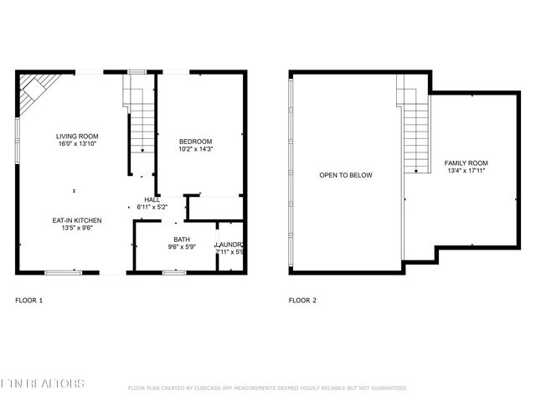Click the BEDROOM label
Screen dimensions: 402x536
[196, 141]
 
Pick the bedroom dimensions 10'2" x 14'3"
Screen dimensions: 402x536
[196, 148]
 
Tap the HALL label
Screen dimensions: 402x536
[152, 199]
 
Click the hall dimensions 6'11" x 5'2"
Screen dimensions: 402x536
[152, 207]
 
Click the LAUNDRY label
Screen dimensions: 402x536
[229, 244]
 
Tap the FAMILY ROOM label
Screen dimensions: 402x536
[466, 162]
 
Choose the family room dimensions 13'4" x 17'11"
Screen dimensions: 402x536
[466, 170]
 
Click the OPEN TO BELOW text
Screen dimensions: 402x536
[345, 175]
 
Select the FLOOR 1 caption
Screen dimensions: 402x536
[29, 300]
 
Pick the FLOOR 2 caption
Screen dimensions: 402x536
[302, 300]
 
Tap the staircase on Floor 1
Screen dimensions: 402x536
[142, 121]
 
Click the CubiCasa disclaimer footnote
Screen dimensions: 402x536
[267, 388]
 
